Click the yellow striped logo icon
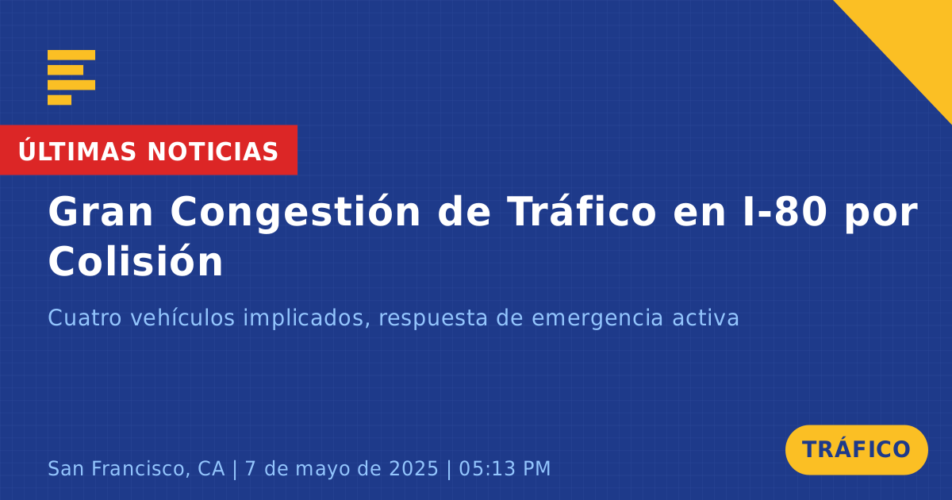tap(71, 78)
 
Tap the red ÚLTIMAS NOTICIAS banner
tap(148, 150)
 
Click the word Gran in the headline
tap(100, 212)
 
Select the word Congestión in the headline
tap(295, 213)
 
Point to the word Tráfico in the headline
tap(582, 211)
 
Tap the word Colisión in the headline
tap(135, 260)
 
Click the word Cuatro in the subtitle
tap(85, 317)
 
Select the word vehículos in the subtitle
tap(182, 317)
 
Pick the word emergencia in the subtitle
tap(597, 318)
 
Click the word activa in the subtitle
tap(705, 317)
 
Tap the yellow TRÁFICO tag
tap(856, 449)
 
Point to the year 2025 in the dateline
tap(413, 468)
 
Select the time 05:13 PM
tap(505, 468)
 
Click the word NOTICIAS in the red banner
tap(213, 152)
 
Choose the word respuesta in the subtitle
tap(433, 319)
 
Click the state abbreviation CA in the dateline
tap(211, 468)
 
